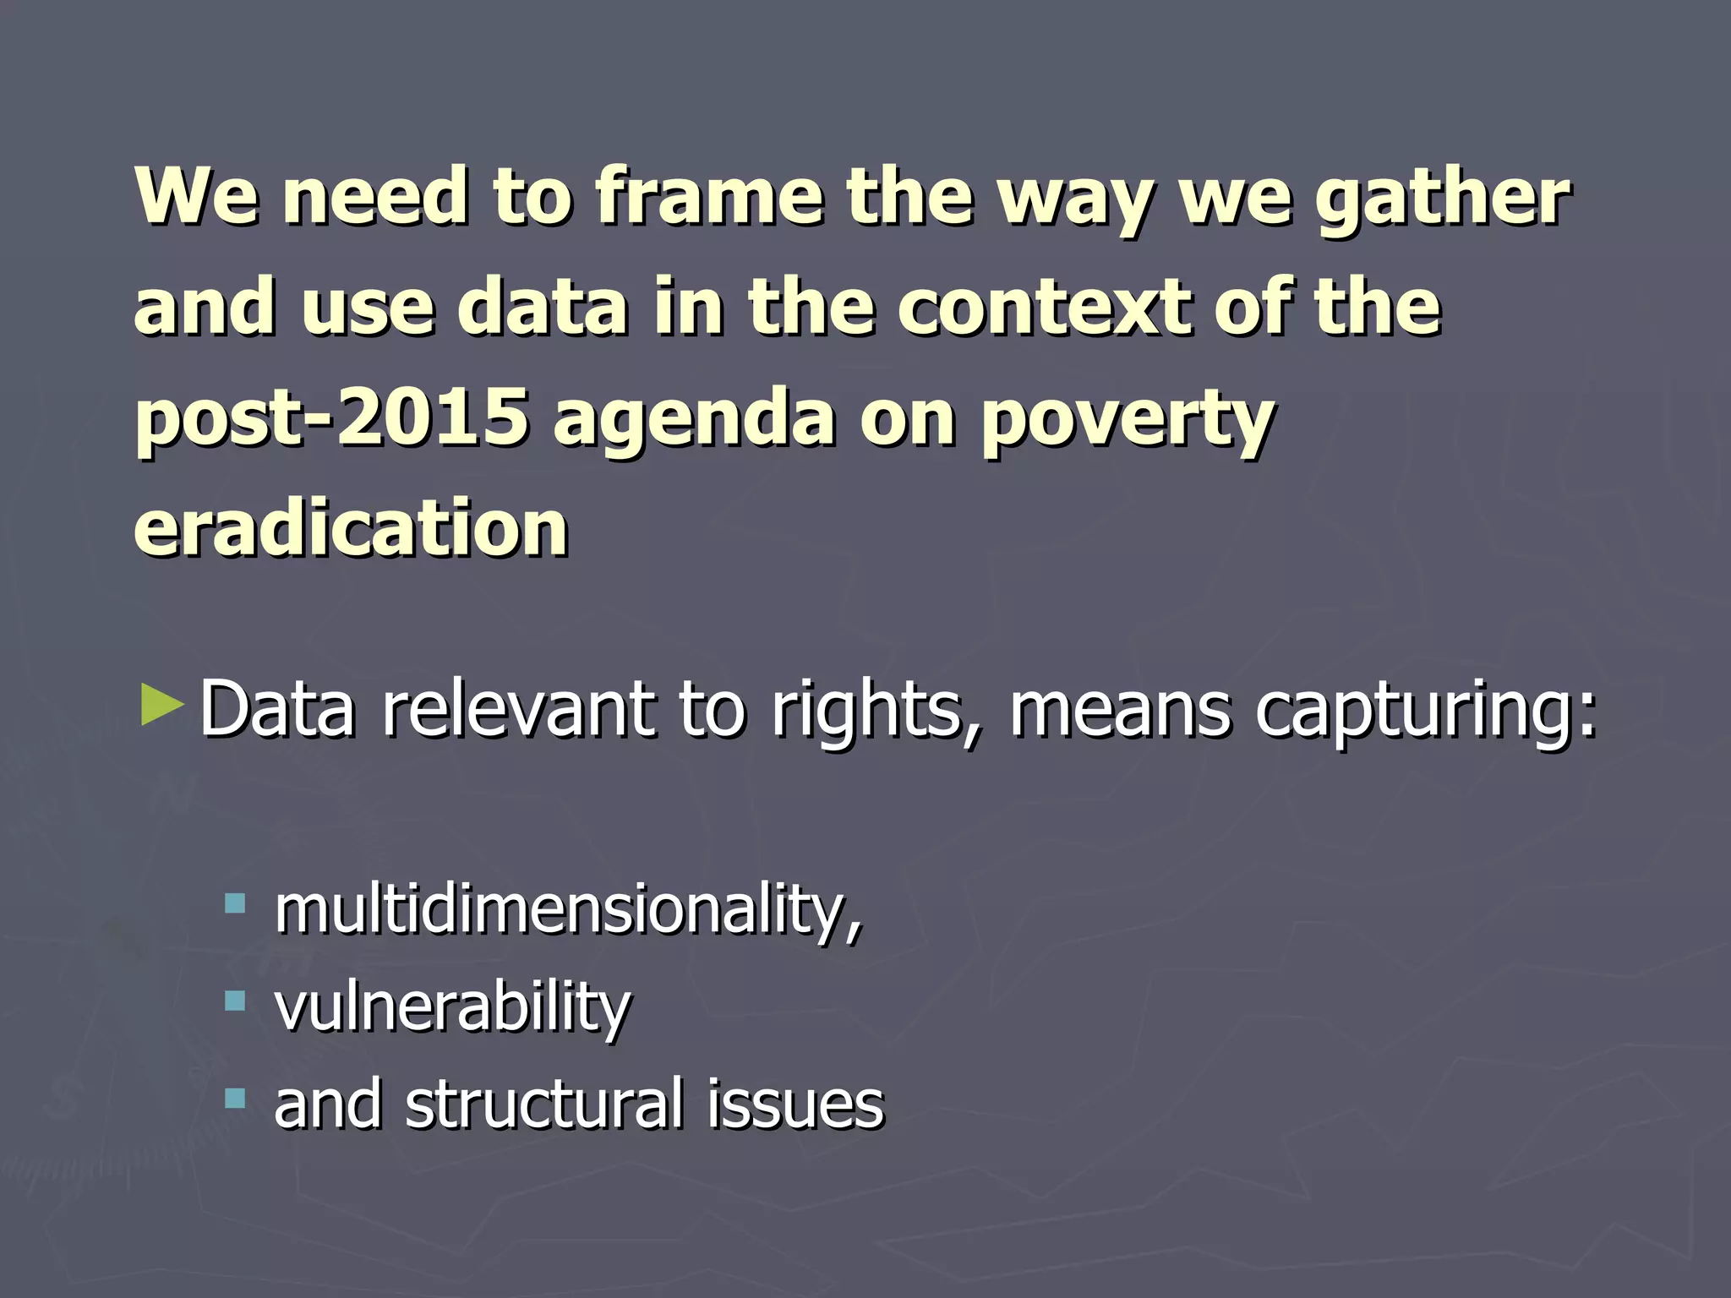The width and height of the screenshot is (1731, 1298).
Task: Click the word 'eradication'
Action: click(351, 527)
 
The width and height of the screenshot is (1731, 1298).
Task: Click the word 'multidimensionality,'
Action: click(568, 911)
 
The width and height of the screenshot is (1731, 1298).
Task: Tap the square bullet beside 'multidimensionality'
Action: click(235, 904)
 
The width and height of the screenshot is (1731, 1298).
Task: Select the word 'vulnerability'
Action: click(452, 1007)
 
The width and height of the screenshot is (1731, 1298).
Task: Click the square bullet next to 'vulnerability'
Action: click(235, 1002)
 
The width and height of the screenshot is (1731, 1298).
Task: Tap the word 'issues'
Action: click(795, 1104)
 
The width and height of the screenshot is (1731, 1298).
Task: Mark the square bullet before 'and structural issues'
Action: click(235, 1099)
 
